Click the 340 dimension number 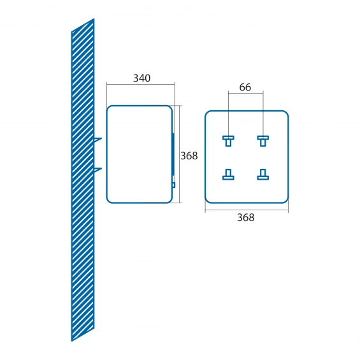pyautogui.click(x=141, y=78)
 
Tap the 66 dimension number pyautogui.click(x=245, y=87)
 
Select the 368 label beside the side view pyautogui.click(x=189, y=156)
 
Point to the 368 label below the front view pyautogui.click(x=246, y=218)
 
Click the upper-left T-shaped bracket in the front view pyautogui.click(x=228, y=141)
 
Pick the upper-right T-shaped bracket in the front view pyautogui.click(x=263, y=141)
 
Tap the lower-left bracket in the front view pyautogui.click(x=228, y=175)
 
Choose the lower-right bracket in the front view pyautogui.click(x=263, y=175)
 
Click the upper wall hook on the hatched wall pyautogui.click(x=97, y=140)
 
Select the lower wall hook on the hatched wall pyautogui.click(x=97, y=169)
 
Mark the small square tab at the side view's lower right pyautogui.click(x=174, y=185)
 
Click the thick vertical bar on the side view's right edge pyautogui.click(x=173, y=154)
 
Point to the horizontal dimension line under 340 pyautogui.click(x=141, y=85)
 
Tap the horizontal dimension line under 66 pyautogui.click(x=246, y=93)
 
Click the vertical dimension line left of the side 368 pyautogui.click(x=179, y=154)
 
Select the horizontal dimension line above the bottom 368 pyautogui.click(x=247, y=210)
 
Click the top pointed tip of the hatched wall pyautogui.click(x=94, y=19)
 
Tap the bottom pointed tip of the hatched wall pyautogui.click(x=71, y=341)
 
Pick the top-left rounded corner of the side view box pyautogui.click(x=108, y=108)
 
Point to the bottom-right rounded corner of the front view pyautogui.click(x=286, y=201)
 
